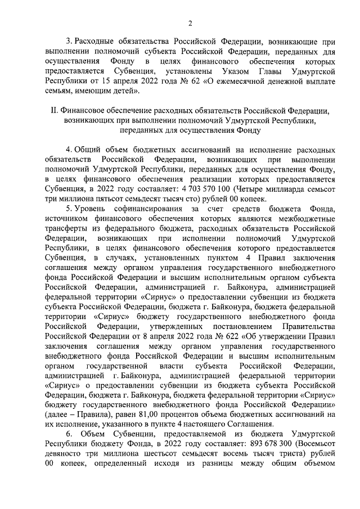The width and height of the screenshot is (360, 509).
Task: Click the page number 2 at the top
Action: click(190, 23)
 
